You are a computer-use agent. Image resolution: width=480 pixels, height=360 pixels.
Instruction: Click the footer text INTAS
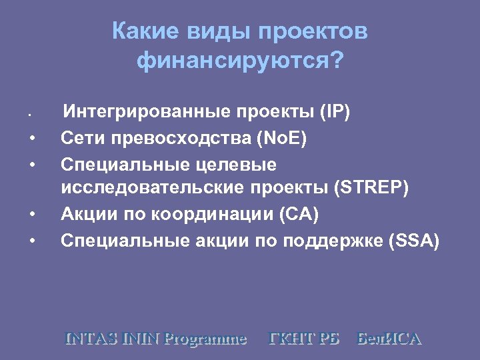click(x=92, y=339)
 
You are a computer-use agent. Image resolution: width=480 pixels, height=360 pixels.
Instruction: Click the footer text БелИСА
click(x=389, y=339)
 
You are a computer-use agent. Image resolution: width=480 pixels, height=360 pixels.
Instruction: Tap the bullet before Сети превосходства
click(x=32, y=139)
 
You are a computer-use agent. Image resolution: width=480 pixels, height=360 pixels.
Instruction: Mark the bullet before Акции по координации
click(x=32, y=215)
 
